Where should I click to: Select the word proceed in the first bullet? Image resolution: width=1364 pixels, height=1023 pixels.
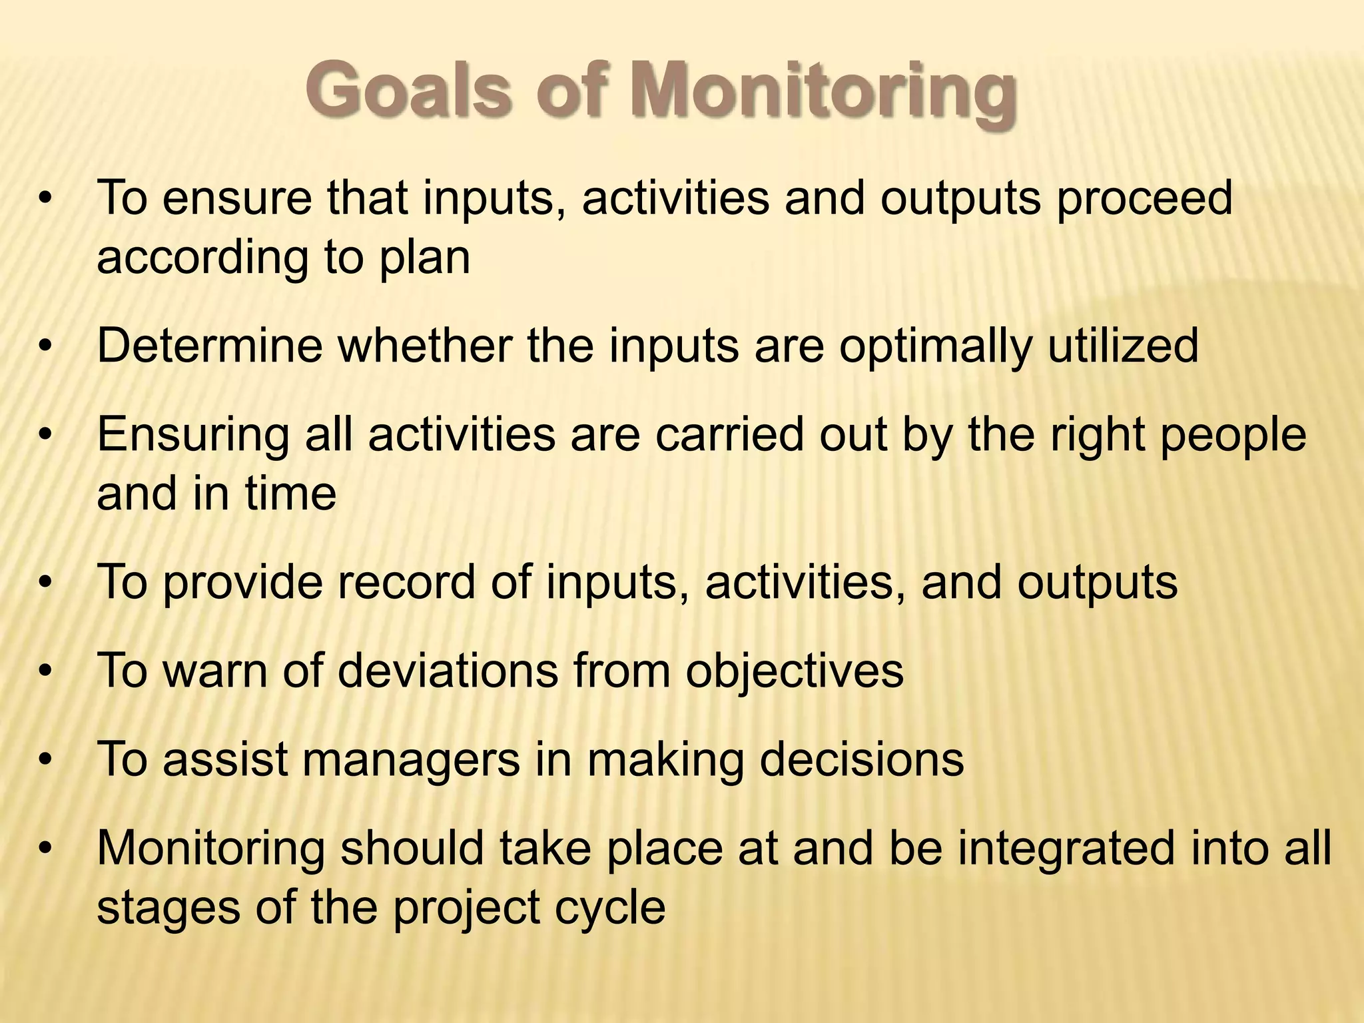(x=1144, y=198)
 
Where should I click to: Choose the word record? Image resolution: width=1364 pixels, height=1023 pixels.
(x=406, y=582)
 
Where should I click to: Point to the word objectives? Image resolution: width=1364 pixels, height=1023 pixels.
(x=795, y=672)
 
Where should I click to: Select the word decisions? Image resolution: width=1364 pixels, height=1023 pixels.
(x=861, y=759)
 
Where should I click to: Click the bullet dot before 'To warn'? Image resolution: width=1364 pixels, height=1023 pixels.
(x=45, y=671)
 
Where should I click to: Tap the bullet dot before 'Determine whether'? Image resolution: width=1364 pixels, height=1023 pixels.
(x=45, y=346)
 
